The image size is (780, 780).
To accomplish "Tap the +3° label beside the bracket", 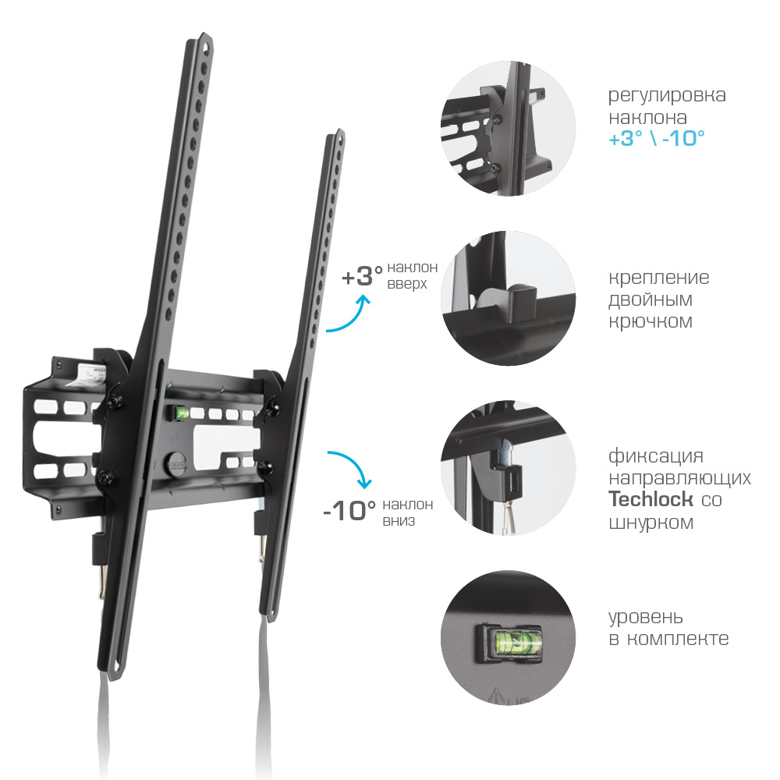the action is click(362, 277).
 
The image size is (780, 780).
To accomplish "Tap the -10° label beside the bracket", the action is click(349, 511).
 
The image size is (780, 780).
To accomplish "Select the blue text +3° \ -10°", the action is click(657, 138).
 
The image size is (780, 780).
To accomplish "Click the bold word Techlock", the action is click(651, 499).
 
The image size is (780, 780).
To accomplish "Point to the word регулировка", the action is click(667, 95).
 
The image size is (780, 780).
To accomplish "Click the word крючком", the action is click(651, 321).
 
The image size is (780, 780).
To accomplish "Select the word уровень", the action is click(646, 618).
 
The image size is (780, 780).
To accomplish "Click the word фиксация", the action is click(656, 456).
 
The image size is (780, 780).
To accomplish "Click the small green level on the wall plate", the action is click(182, 413).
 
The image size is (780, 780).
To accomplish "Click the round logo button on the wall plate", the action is click(177, 463).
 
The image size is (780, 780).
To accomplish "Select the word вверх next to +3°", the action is click(407, 284).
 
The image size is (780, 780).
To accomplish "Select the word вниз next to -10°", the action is click(399, 521).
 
